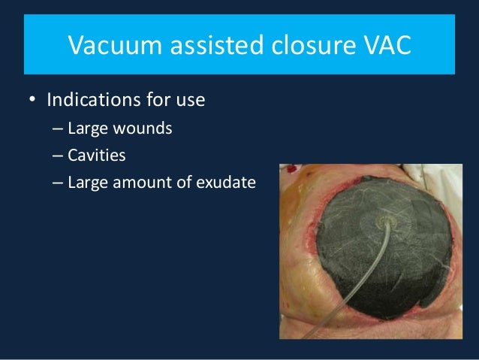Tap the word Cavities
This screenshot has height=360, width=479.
[97, 156]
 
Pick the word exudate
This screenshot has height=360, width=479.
[227, 183]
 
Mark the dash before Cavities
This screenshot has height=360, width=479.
[58, 156]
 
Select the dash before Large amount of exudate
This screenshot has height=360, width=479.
[58, 183]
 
